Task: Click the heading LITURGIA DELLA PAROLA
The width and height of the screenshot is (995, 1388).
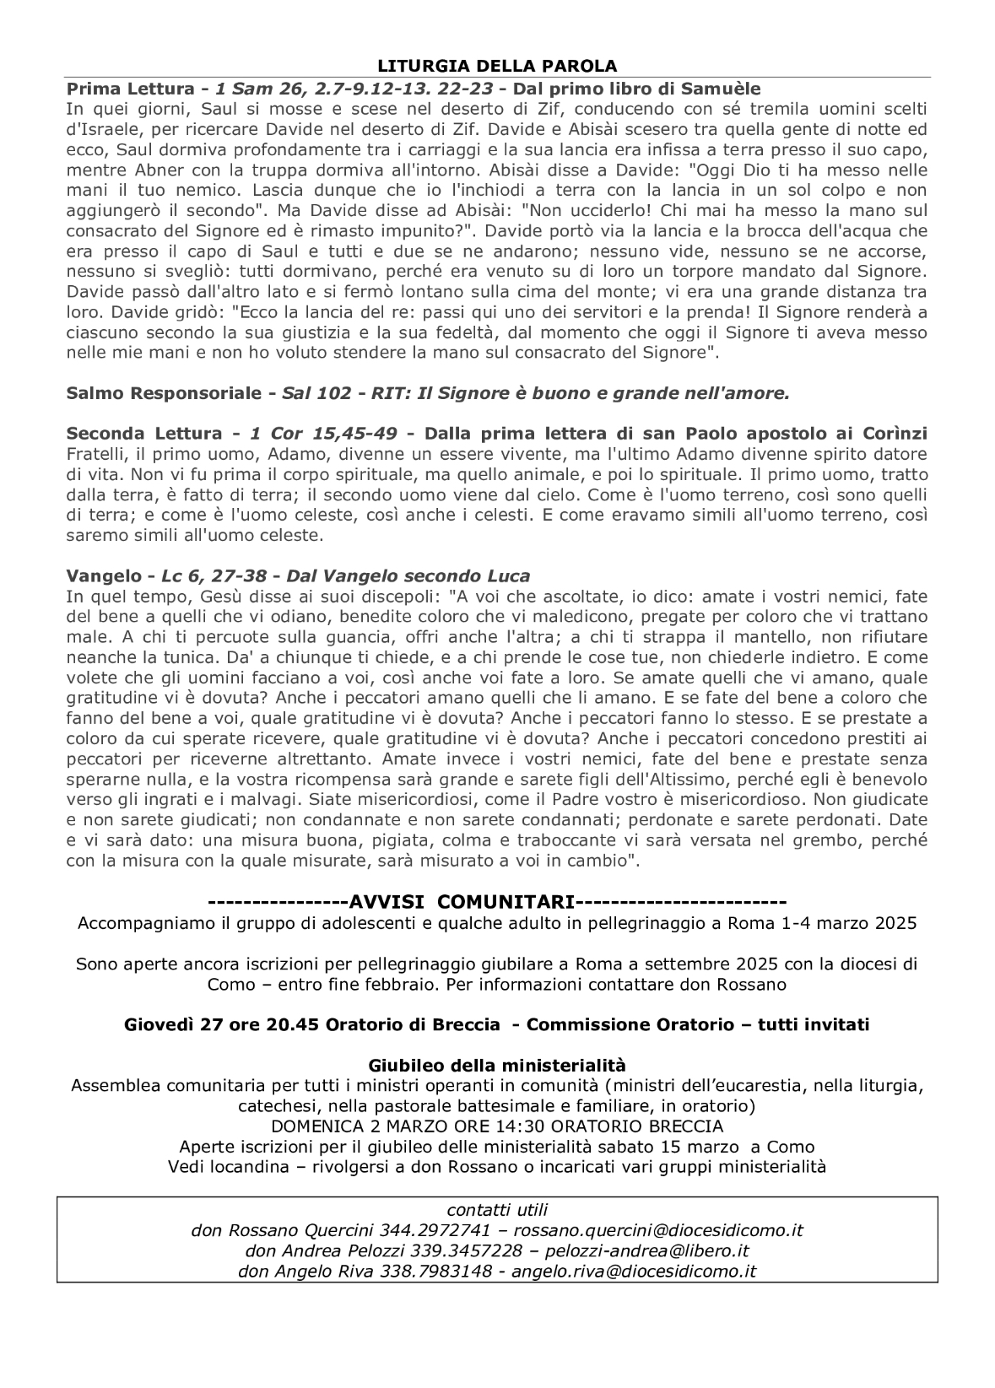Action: (x=497, y=66)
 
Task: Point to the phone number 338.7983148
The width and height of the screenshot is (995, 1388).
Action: (x=439, y=1271)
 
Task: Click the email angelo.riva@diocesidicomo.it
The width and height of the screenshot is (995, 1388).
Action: (x=634, y=1271)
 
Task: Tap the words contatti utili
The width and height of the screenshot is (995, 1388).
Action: (x=497, y=1210)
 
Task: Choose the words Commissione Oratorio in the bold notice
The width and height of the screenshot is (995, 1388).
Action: (x=623, y=1025)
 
